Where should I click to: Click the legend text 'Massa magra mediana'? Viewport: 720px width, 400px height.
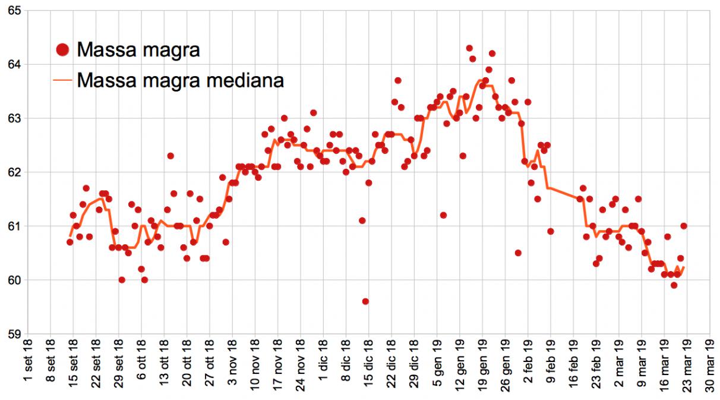pyautogui.click(x=180, y=80)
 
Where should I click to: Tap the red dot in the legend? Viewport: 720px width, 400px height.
pyautogui.click(x=64, y=50)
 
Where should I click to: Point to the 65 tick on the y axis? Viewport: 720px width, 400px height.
pyautogui.click(x=11, y=11)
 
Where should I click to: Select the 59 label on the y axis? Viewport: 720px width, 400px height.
pyautogui.click(x=11, y=334)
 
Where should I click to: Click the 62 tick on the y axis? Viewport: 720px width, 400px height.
pyautogui.click(x=11, y=172)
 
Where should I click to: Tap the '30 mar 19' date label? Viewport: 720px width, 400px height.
pyautogui.click(x=709, y=368)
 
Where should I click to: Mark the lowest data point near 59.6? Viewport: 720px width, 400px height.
pyautogui.click(x=365, y=301)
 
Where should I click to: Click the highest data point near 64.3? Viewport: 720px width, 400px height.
pyautogui.click(x=469, y=48)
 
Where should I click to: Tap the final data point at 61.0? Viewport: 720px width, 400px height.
pyautogui.click(x=684, y=226)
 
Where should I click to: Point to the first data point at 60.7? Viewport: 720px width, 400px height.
pyautogui.click(x=70, y=242)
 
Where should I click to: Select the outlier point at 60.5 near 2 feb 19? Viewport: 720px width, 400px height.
pyautogui.click(x=518, y=253)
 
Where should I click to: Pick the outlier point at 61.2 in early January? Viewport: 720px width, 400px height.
pyautogui.click(x=443, y=215)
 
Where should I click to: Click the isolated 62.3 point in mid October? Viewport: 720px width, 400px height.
pyautogui.click(x=170, y=156)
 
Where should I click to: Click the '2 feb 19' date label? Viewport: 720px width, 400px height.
pyautogui.click(x=528, y=368)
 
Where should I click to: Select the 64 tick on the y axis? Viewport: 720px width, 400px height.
pyautogui.click(x=11, y=64)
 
